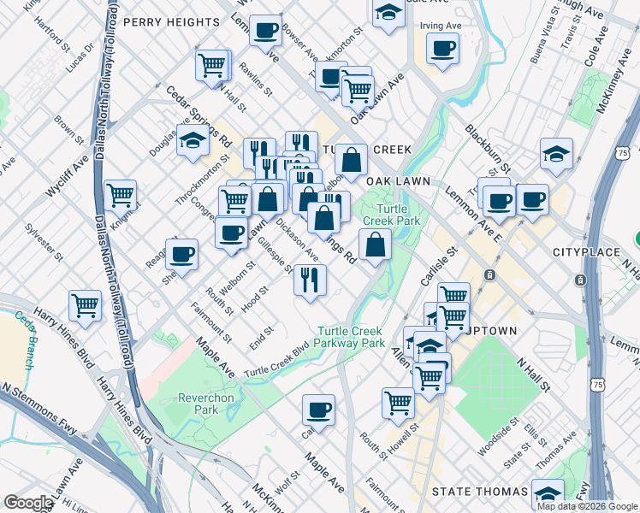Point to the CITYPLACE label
click(x=585, y=252)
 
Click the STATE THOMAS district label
click(x=479, y=492)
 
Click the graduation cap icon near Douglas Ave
click(x=193, y=142)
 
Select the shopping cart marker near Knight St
click(x=121, y=195)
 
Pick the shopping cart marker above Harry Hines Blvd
click(x=85, y=305)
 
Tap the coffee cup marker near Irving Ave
click(x=442, y=49)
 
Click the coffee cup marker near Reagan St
click(x=181, y=253)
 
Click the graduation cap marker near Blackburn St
click(x=556, y=154)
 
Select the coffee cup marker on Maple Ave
click(x=318, y=409)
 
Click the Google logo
click(x=27, y=503)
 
